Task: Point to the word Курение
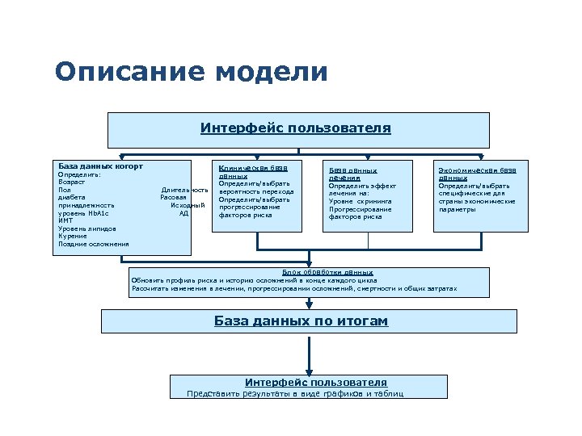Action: click(x=73, y=237)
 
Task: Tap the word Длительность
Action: click(x=179, y=190)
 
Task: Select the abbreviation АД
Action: click(x=183, y=213)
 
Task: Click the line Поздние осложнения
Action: click(x=93, y=244)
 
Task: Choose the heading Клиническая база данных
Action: click(x=252, y=171)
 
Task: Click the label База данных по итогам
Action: click(x=301, y=321)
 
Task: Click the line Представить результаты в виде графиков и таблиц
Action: click(x=295, y=394)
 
